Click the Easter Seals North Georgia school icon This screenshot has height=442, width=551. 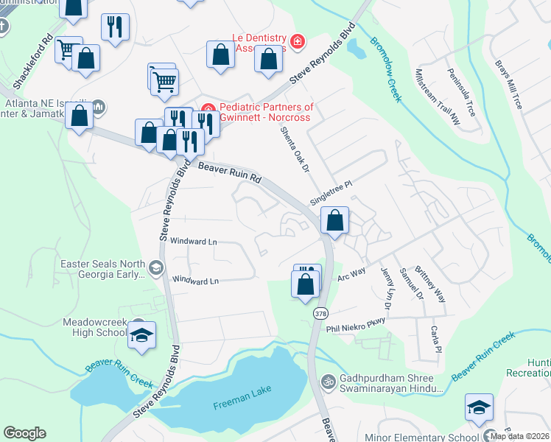click(x=155, y=268)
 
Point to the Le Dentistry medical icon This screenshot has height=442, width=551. click(x=297, y=41)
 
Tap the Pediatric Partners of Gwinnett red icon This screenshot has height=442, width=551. click(x=207, y=108)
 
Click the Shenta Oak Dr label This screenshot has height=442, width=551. click(x=293, y=150)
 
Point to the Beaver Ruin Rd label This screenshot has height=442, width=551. click(x=229, y=173)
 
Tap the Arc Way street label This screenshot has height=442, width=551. click(x=351, y=273)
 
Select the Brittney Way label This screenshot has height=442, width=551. click(x=430, y=284)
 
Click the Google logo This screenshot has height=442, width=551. click(x=24, y=433)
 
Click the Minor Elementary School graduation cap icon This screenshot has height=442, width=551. click(x=479, y=407)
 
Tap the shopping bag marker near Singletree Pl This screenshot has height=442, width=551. click(x=334, y=220)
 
